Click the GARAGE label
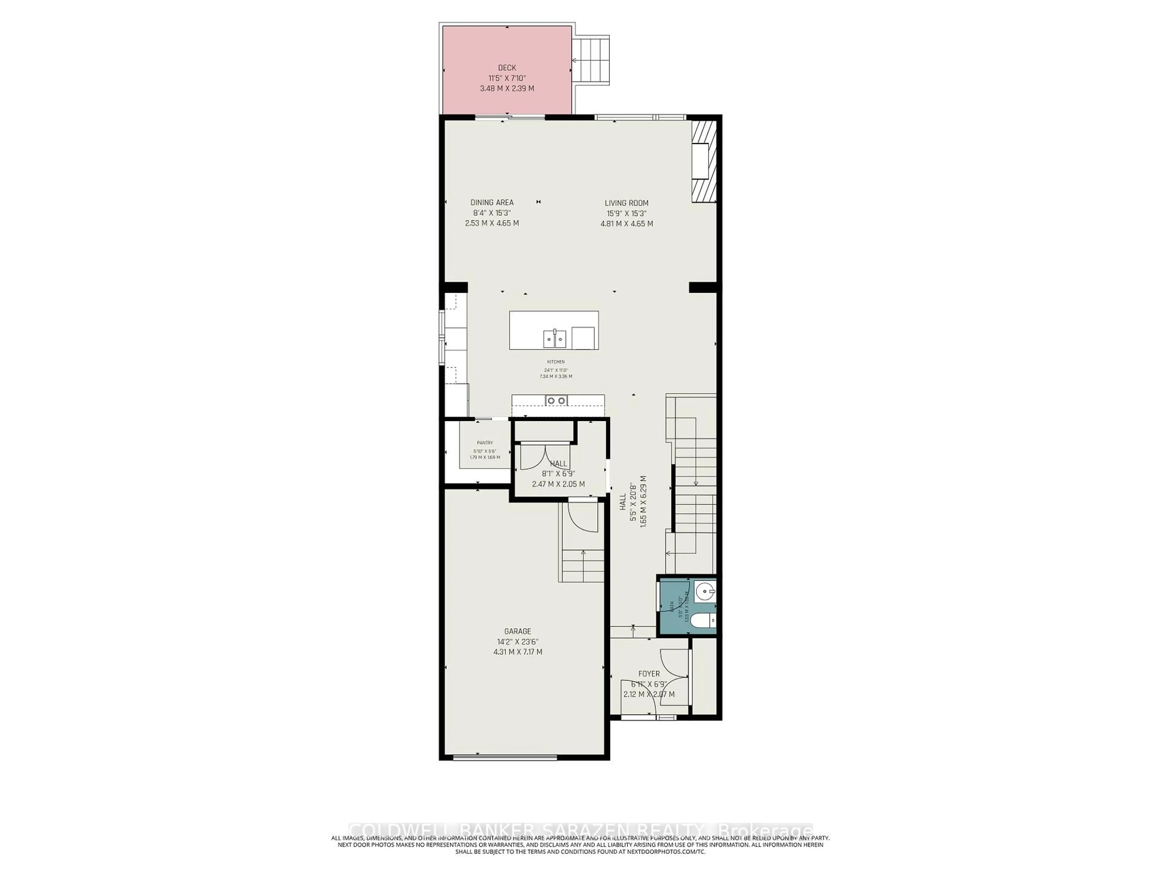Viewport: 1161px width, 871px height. pyautogui.click(x=518, y=631)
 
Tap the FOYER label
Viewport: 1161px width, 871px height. pyautogui.click(x=649, y=674)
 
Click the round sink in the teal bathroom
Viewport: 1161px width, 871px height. pyautogui.click(x=704, y=593)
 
